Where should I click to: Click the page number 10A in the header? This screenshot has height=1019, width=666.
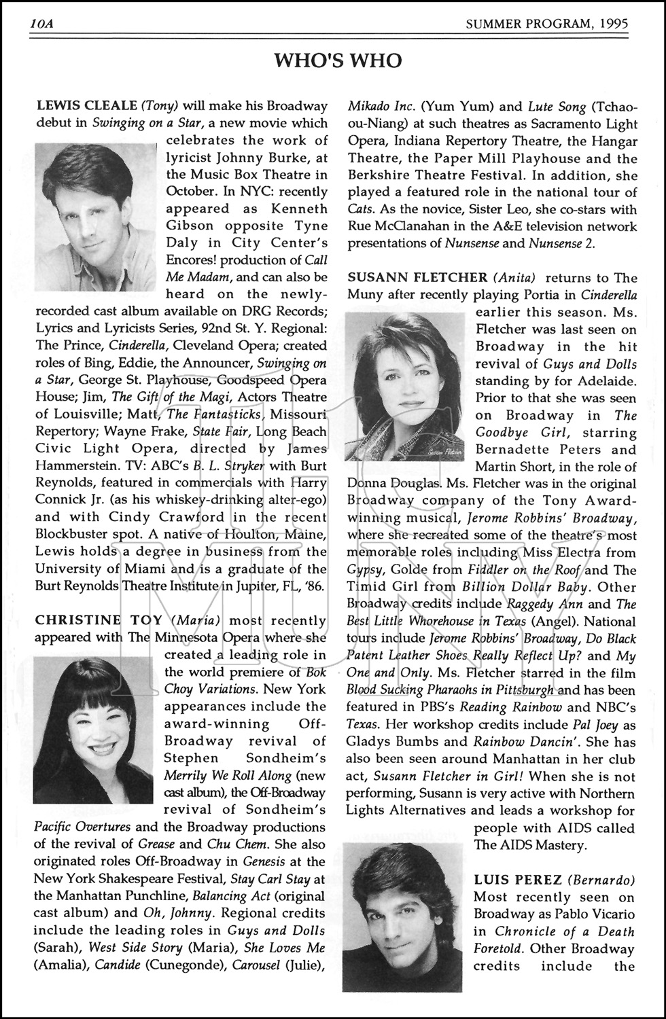42,24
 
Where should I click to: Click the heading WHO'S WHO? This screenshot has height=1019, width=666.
338,62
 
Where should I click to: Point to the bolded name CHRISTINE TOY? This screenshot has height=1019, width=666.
99,620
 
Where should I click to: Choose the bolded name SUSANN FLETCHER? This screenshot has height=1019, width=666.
417,278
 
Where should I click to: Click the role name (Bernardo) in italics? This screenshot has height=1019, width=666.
601,880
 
